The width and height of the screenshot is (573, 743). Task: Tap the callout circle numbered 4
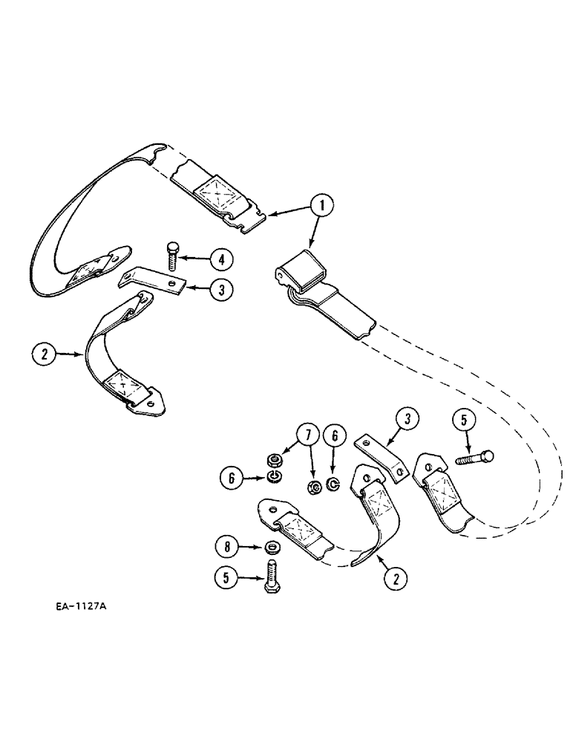pos(220,259)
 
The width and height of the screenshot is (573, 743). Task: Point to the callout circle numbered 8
pos(226,548)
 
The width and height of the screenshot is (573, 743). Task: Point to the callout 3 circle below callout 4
pos(220,289)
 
